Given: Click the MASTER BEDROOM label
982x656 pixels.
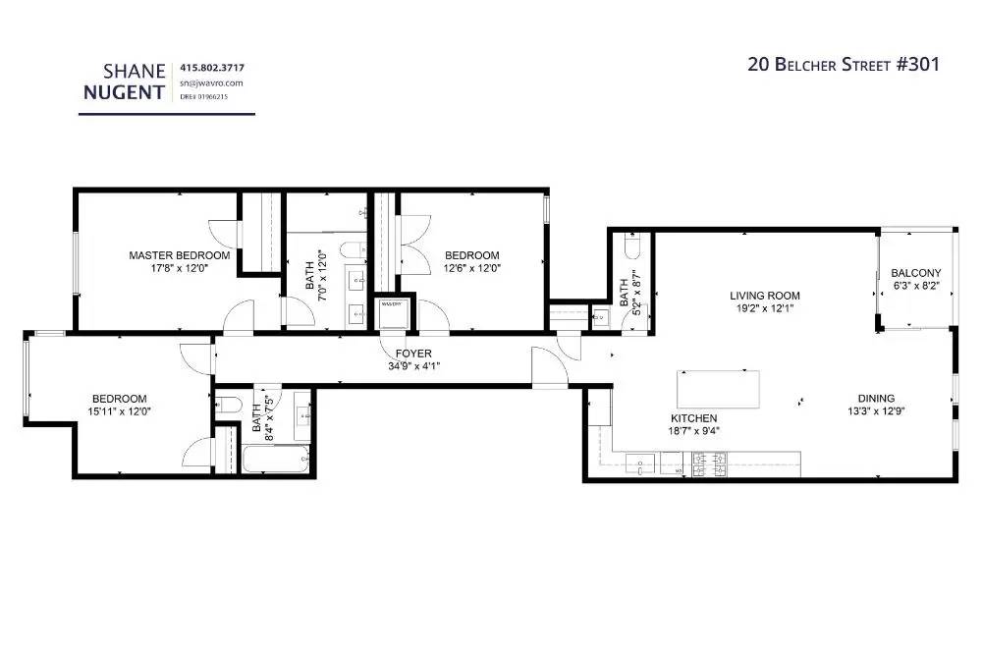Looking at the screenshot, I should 180,255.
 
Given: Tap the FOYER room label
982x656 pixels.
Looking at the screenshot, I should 413,354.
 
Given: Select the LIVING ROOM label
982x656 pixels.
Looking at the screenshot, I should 764,296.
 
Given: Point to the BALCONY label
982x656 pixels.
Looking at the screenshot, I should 915,273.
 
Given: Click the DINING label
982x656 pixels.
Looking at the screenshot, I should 876,399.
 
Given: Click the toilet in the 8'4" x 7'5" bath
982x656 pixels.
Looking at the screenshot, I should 227,404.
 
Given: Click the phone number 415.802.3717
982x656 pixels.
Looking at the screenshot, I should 212,68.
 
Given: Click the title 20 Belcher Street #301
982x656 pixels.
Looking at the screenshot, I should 844,65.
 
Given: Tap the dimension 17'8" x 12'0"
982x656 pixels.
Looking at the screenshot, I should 180,267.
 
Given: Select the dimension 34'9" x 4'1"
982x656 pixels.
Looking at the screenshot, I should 413,366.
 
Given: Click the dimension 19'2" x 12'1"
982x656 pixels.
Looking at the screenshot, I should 764,308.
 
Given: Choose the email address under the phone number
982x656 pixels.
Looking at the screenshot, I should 210,83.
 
